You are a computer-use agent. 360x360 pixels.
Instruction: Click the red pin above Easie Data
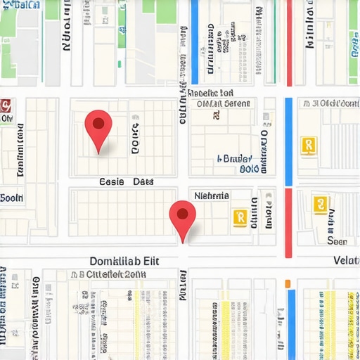98,127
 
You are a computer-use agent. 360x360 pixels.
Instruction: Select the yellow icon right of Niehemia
239,217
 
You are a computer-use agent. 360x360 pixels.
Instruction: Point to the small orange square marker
287,283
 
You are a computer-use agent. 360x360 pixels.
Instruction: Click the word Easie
111,182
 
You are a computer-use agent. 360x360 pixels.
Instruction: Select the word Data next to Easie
143,182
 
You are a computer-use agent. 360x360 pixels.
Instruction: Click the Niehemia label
212,195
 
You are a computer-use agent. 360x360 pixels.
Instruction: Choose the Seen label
337,240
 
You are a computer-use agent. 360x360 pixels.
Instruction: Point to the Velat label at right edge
346,261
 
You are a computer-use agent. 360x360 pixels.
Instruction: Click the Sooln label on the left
12,198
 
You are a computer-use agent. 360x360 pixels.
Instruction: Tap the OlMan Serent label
221,104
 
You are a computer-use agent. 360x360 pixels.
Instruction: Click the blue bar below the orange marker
291,323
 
